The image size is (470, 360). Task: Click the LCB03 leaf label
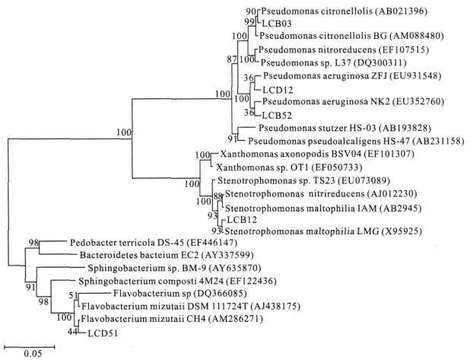pos(277,24)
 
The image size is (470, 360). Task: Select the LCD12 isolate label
pos(278,90)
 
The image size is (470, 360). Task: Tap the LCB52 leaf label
pos(277,115)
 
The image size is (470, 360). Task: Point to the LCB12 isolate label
pos(242,220)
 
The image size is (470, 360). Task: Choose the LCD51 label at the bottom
pos(103,333)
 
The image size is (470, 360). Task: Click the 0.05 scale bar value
pos(33,354)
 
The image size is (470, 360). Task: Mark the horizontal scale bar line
pos(30,347)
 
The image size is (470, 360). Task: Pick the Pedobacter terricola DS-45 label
pos(126,242)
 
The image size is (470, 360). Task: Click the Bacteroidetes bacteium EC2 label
pos(139,255)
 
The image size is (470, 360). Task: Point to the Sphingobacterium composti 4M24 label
pos(151,281)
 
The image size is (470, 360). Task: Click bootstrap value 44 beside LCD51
pos(71,332)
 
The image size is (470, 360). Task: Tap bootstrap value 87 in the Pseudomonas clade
pos(232,59)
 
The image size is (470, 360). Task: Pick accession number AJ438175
pos(277,306)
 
